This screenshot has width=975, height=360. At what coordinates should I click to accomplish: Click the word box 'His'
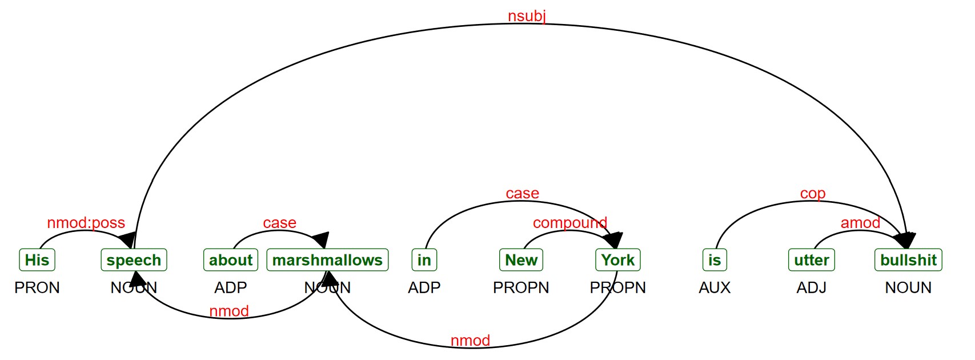click(37, 260)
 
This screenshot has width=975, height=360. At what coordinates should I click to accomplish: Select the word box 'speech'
click(134, 260)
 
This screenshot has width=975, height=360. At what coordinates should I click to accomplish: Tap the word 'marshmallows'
click(327, 260)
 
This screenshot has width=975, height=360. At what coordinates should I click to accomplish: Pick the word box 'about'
click(231, 260)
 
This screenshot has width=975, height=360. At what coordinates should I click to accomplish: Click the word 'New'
click(521, 260)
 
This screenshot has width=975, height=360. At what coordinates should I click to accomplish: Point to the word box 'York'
click(617, 260)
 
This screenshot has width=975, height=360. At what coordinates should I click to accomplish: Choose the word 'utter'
click(811, 260)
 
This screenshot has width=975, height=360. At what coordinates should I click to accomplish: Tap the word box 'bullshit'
click(908, 260)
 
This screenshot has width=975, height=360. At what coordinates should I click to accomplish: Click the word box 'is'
click(715, 260)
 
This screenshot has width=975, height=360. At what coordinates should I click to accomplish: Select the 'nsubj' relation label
click(527, 16)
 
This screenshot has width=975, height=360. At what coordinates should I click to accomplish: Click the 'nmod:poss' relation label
click(86, 223)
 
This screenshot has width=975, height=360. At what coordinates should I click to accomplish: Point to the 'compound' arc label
click(569, 223)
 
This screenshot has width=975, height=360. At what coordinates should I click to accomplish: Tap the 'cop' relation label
click(812, 194)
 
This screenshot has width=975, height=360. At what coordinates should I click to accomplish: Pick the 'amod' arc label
click(860, 223)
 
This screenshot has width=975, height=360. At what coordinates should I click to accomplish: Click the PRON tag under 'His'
click(37, 287)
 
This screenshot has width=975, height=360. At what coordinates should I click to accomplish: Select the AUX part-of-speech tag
click(715, 287)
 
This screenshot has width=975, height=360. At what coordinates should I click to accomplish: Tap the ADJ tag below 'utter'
click(811, 287)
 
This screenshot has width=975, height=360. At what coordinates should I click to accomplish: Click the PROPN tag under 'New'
click(521, 287)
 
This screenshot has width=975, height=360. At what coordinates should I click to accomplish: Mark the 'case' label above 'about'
click(279, 223)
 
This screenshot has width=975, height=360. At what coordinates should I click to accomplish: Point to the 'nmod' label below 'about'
click(229, 311)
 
